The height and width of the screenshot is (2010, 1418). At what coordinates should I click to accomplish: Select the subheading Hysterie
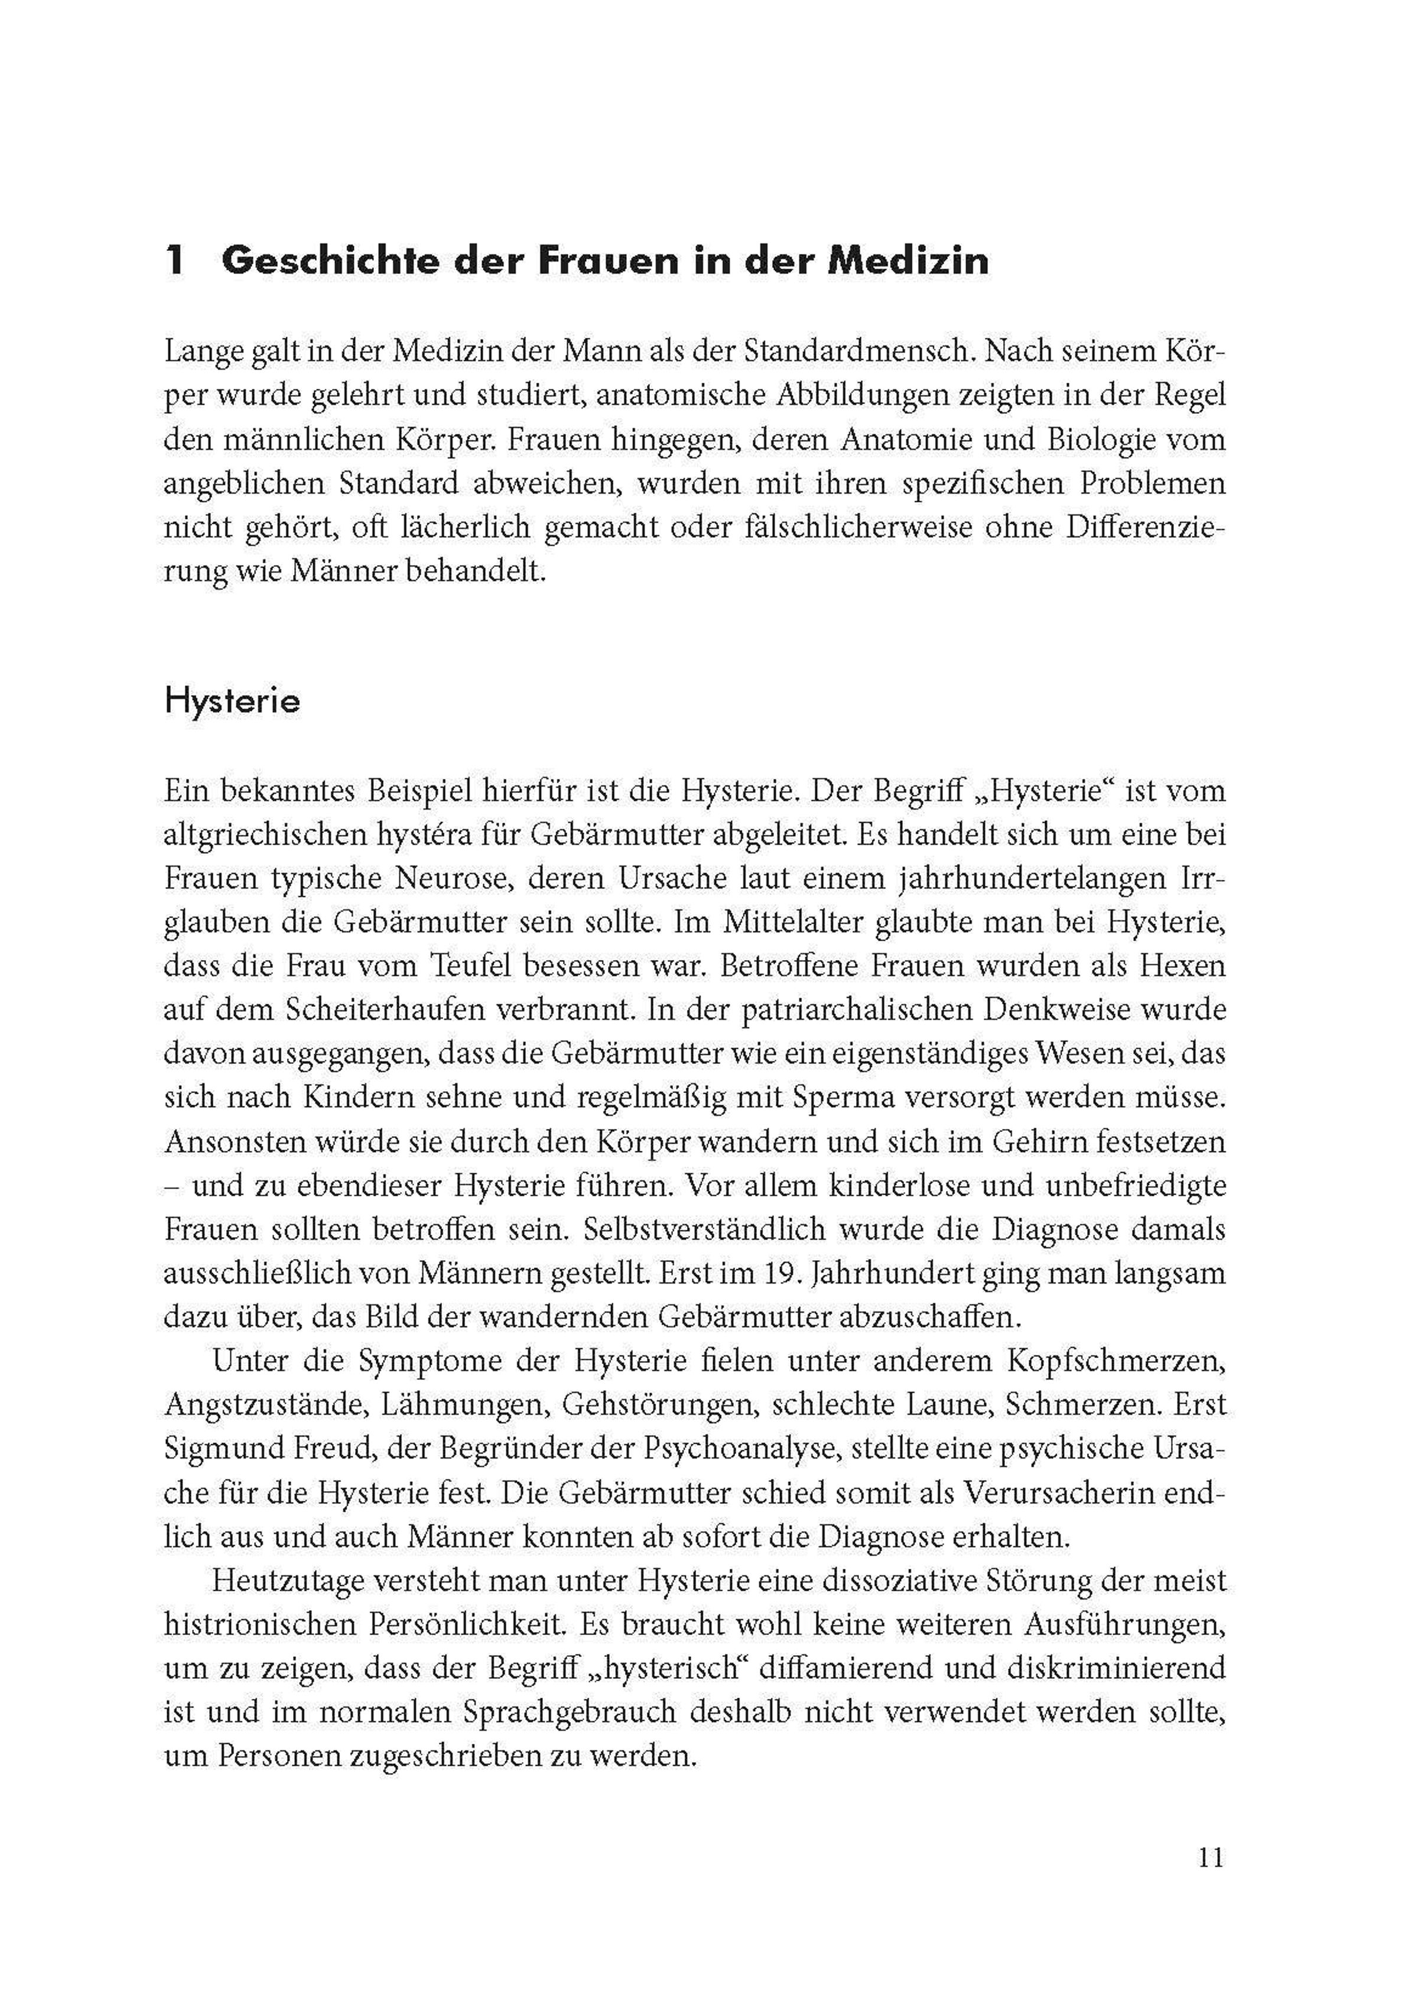pos(232,701)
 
